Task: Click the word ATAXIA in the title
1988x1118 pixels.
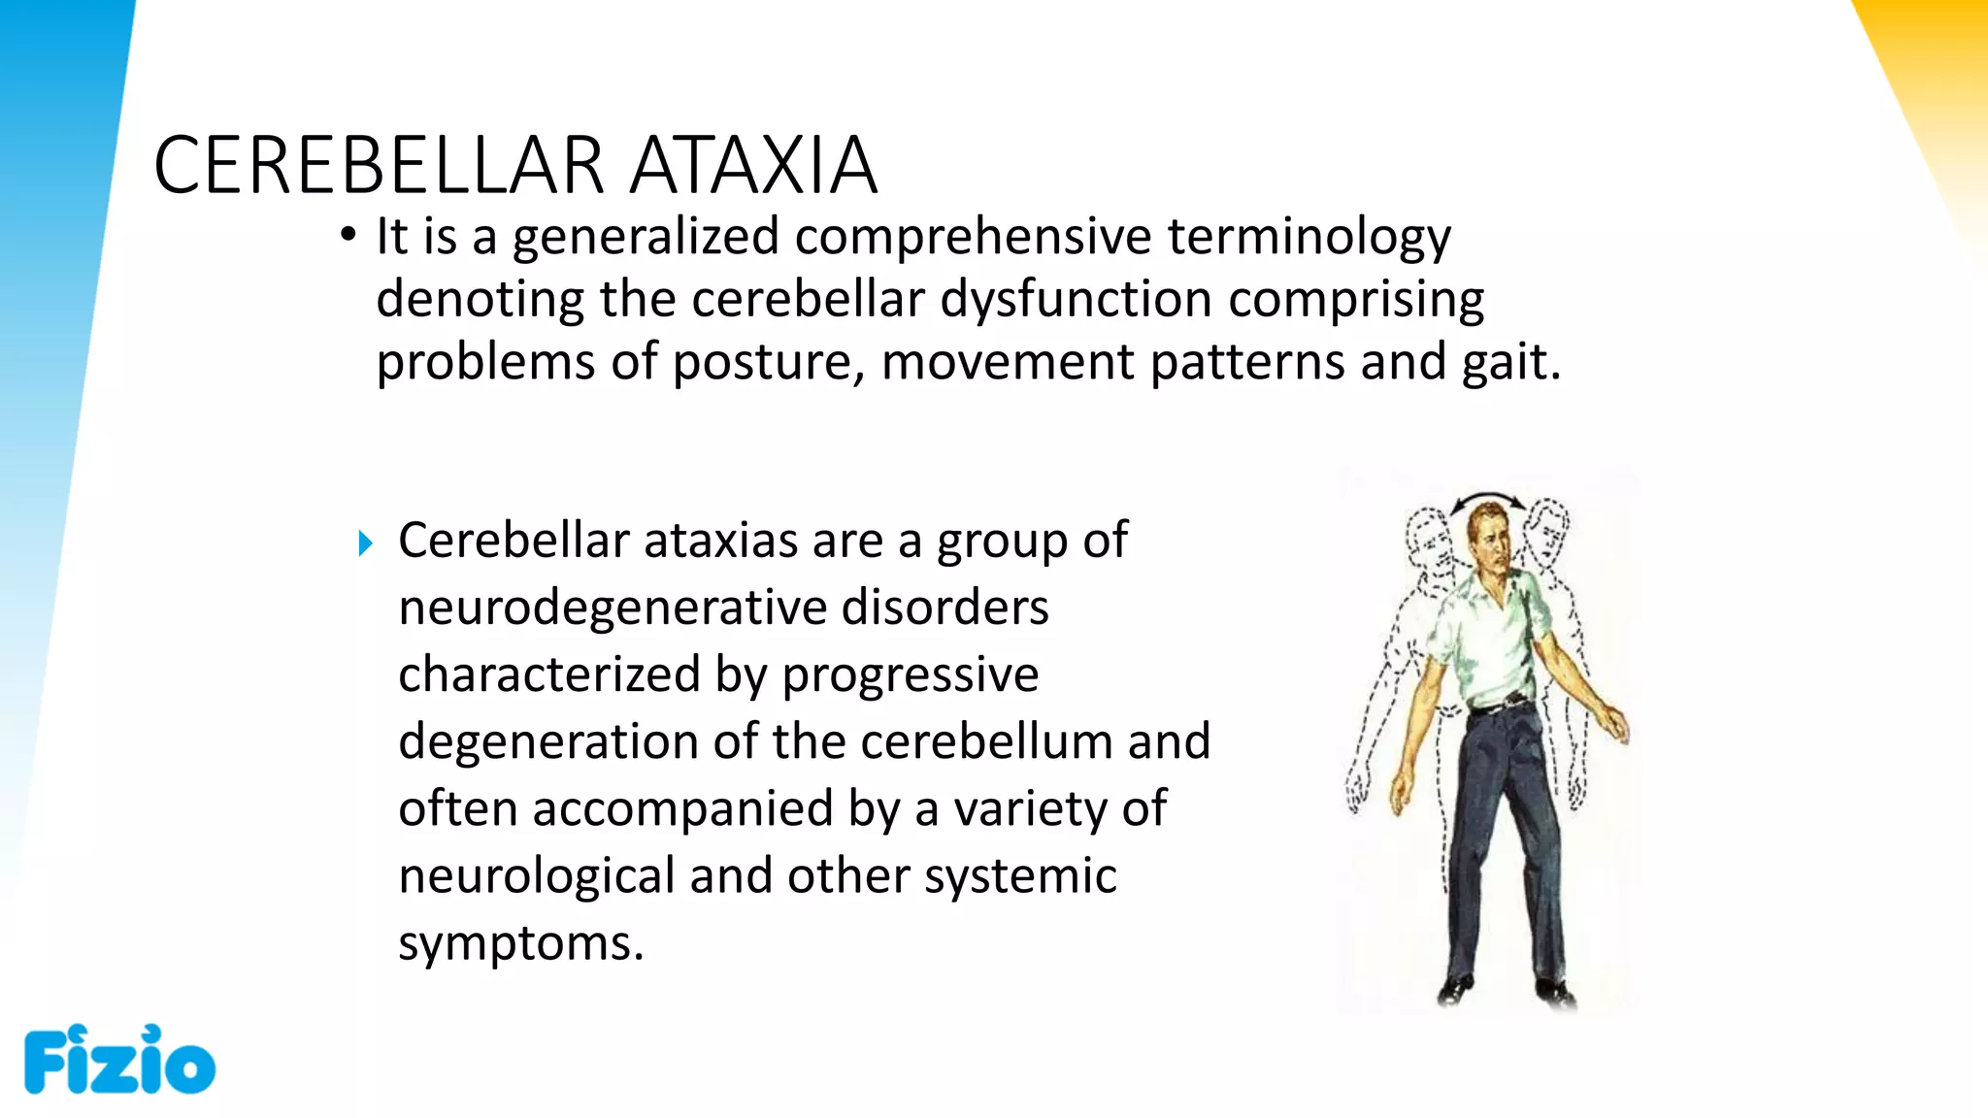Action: pyautogui.click(x=753, y=165)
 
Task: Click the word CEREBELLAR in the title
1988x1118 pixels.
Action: pyautogui.click(x=380, y=165)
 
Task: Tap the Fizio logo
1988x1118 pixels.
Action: pyautogui.click(x=119, y=1060)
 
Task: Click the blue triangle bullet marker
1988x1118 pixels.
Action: pyautogui.click(x=365, y=543)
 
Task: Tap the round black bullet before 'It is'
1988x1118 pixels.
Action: pyautogui.click(x=348, y=235)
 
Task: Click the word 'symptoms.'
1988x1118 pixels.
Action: pyautogui.click(x=521, y=943)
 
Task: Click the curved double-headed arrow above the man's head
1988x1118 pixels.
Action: pyautogui.click(x=1487, y=500)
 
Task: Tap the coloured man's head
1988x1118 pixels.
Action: pyautogui.click(x=1488, y=542)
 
